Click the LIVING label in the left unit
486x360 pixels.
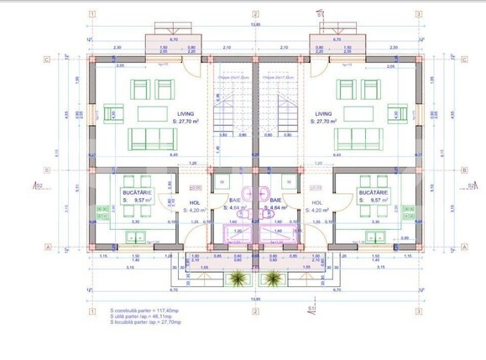[185, 113]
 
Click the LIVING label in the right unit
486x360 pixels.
[325, 113]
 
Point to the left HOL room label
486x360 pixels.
[194, 202]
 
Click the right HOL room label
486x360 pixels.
[316, 202]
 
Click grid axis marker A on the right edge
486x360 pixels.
[464, 248]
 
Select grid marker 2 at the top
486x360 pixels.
[254, 14]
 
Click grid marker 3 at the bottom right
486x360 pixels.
[418, 310]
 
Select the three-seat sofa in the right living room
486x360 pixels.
[362, 138]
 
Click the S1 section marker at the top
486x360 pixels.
[321, 14]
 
